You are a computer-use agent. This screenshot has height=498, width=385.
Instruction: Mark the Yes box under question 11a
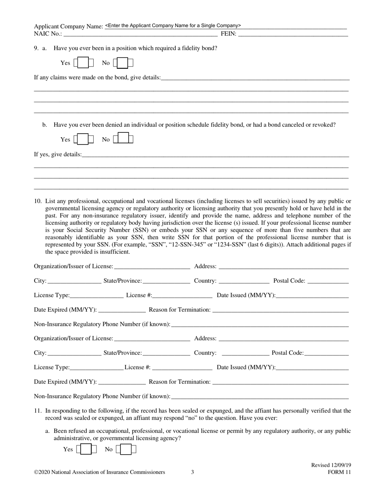pos(86,449)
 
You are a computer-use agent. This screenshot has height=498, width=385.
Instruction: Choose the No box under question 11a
pos(126,449)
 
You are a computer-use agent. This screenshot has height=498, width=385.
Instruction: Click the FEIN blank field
pos(293,34)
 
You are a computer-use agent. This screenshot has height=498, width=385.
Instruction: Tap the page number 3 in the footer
pos(192,472)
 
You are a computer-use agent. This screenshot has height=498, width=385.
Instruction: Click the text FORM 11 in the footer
pos(339,472)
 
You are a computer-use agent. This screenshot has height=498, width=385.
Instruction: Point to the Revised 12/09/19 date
pos(331,465)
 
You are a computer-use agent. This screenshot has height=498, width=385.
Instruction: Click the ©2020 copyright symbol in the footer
pos(36,472)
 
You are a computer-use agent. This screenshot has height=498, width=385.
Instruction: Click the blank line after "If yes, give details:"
pos(215,154)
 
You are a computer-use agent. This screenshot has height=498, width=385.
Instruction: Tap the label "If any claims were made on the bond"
pos(97,77)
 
